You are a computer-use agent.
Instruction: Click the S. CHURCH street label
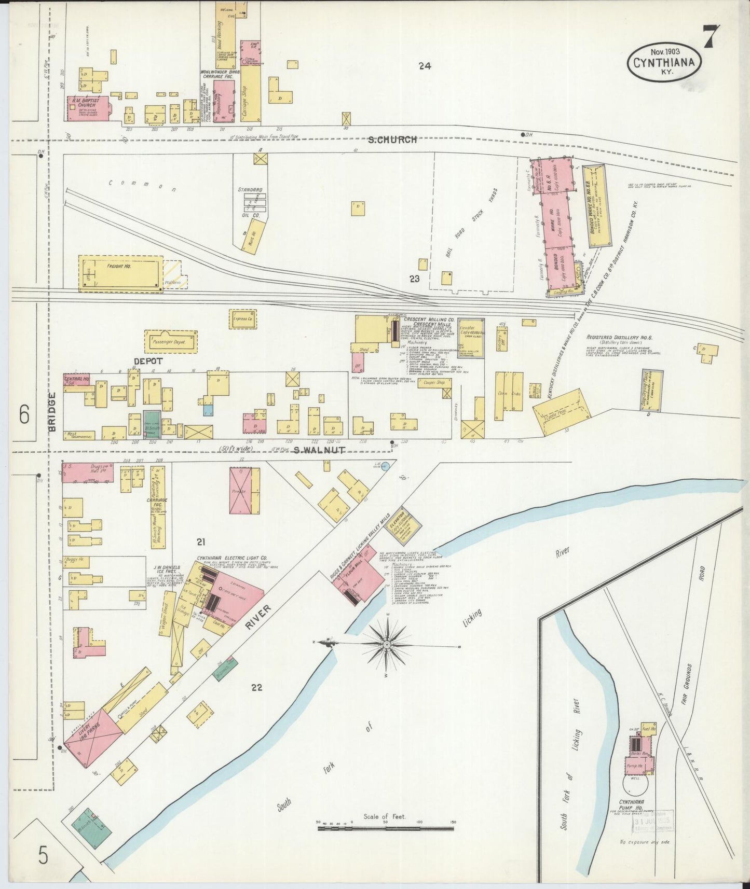(392, 140)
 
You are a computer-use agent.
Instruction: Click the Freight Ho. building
(120, 273)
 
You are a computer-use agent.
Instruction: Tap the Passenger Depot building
(171, 342)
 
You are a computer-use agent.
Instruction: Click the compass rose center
(387, 644)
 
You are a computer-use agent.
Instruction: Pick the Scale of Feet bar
(387, 828)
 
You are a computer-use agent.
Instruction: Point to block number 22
(256, 687)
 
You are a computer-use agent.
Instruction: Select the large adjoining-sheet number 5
(43, 854)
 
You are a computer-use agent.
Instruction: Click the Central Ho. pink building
(76, 380)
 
